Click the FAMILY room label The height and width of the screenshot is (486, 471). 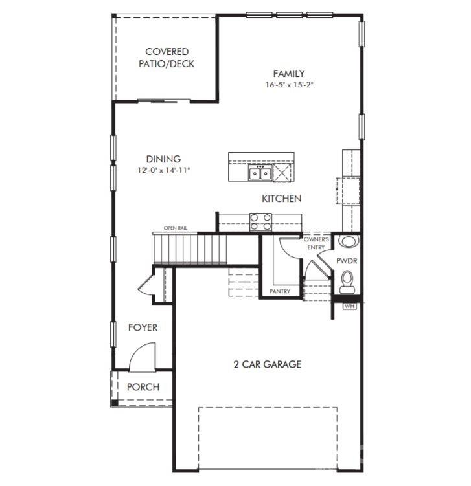coord(288,74)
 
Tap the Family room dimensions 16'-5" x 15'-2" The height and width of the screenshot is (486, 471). coord(289,85)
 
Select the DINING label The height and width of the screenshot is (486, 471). coord(163,159)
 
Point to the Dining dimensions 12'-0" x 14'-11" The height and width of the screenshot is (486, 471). coord(163,170)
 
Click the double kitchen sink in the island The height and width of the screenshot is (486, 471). coord(260,173)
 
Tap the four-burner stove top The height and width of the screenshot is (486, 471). coord(260,222)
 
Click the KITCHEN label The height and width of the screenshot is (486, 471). coord(281,199)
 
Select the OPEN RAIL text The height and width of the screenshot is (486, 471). coord(176,228)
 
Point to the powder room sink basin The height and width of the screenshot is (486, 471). coord(348,241)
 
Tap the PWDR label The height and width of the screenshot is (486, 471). coord(347,261)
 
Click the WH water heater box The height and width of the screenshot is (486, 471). coord(349,306)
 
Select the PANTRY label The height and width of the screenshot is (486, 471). coord(280,291)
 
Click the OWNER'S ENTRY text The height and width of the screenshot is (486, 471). coord(316,243)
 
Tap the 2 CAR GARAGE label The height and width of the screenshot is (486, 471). coord(267,364)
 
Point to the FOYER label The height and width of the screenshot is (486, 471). coord(143,327)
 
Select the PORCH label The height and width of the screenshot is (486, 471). coord(143,387)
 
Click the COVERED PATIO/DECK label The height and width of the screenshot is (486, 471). coord(167,58)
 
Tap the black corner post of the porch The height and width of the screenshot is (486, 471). coord(115,403)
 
